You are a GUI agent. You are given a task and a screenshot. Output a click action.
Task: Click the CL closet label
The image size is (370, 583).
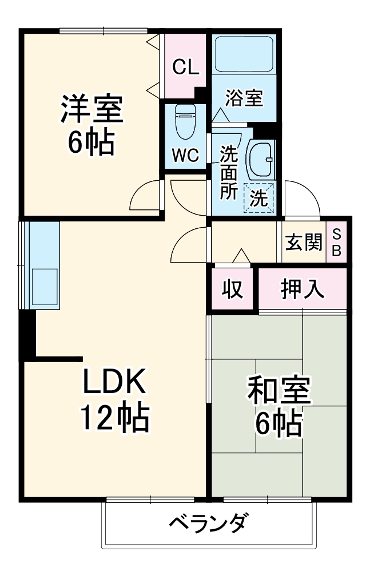(185, 68)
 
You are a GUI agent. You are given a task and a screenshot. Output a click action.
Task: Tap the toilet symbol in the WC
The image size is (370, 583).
(184, 121)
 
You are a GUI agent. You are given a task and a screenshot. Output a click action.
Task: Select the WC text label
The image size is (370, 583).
(185, 154)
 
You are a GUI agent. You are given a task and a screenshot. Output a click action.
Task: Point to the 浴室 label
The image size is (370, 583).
(244, 98)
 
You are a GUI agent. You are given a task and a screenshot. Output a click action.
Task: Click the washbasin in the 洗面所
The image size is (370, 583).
(260, 159)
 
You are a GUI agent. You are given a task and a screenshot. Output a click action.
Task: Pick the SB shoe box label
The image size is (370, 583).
(337, 243)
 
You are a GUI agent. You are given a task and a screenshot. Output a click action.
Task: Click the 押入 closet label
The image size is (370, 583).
(303, 289)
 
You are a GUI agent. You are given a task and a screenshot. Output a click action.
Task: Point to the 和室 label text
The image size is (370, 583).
(279, 391)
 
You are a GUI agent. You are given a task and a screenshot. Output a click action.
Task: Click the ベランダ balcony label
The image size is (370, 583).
(209, 523)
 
